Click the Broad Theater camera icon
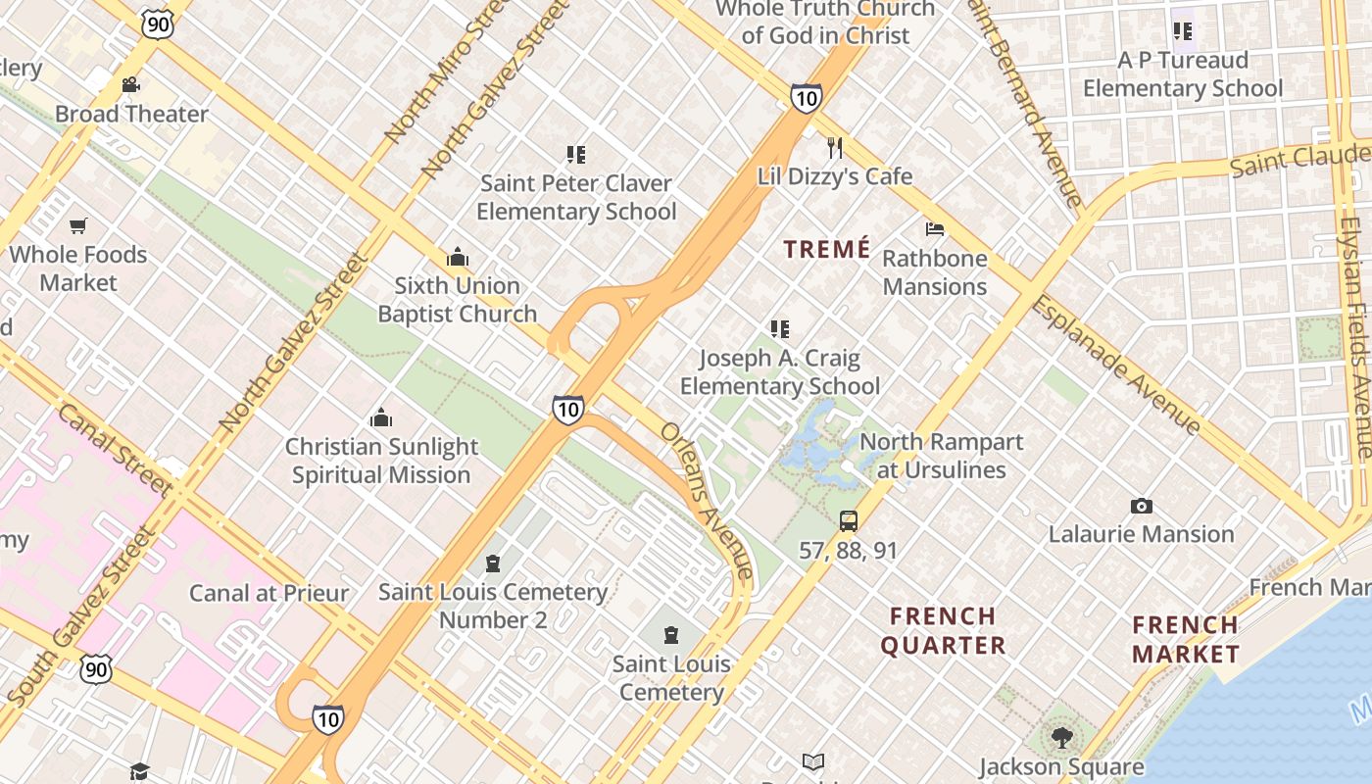click(x=130, y=85)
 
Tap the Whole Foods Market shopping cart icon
click(x=78, y=225)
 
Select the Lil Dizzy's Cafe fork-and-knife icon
click(x=834, y=148)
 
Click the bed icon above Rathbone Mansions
click(x=935, y=229)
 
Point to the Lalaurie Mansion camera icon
click(x=1141, y=506)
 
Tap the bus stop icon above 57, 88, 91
click(x=849, y=521)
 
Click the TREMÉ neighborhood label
click(x=827, y=249)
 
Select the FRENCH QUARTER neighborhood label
click(x=943, y=630)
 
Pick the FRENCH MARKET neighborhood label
click(x=1186, y=639)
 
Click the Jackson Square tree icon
click(x=1060, y=736)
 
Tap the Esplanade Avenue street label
click(x=1114, y=365)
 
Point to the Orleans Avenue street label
click(x=707, y=500)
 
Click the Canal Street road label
click(x=115, y=450)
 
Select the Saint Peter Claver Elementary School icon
click(x=576, y=154)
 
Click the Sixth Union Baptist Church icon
click(x=457, y=257)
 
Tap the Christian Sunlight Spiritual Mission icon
click(x=381, y=418)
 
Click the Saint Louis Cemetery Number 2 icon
click(x=492, y=563)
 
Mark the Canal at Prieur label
click(x=269, y=593)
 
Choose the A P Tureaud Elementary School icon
click(x=1182, y=31)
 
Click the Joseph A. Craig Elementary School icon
click(x=780, y=329)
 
